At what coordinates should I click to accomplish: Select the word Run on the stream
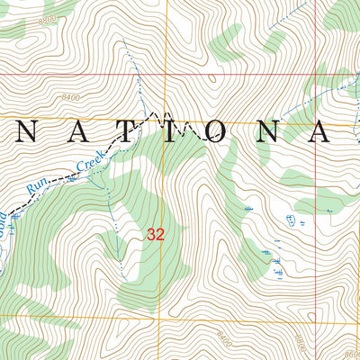click(37, 185)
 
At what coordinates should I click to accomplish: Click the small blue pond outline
click(289, 220)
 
